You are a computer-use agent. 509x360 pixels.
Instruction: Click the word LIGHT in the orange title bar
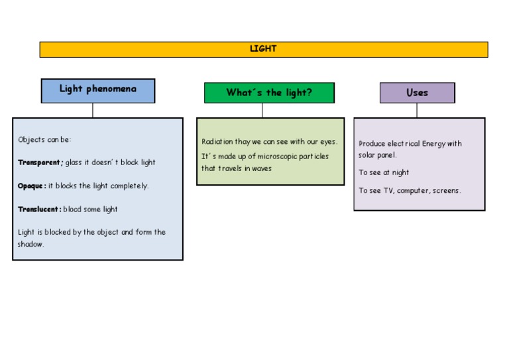click(263, 49)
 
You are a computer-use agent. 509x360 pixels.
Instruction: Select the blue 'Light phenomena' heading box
click(98, 90)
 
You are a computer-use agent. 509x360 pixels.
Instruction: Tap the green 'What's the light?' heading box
click(269, 93)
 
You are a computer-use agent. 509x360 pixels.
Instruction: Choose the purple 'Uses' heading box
click(417, 93)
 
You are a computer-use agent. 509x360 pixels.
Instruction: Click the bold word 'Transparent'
click(40, 162)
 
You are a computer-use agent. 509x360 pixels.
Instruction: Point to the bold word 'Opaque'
click(31, 186)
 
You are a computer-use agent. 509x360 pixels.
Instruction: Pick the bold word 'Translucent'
click(39, 210)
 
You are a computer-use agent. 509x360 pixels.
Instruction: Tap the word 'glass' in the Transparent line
click(74, 162)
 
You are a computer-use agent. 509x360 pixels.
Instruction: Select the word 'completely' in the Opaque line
click(129, 186)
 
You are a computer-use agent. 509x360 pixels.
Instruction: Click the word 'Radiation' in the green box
click(217, 142)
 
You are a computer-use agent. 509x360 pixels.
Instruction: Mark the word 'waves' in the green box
click(262, 168)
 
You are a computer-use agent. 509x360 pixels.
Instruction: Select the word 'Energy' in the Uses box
click(433, 144)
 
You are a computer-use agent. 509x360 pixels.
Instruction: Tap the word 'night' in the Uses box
click(400, 172)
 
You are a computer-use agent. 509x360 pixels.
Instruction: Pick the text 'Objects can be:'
click(44, 140)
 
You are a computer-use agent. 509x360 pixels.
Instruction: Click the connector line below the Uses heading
click(417, 110)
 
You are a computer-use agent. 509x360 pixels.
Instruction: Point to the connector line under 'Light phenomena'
click(93, 110)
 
